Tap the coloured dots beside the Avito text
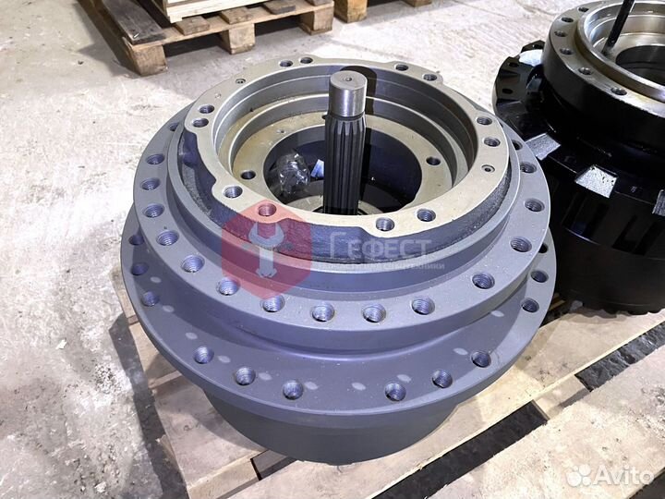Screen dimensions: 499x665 pyautogui.click(x=579, y=475)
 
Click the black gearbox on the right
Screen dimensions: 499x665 pyautogui.click(x=591, y=157)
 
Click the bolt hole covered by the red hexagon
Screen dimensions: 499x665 pyautogui.click(x=267, y=212)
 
